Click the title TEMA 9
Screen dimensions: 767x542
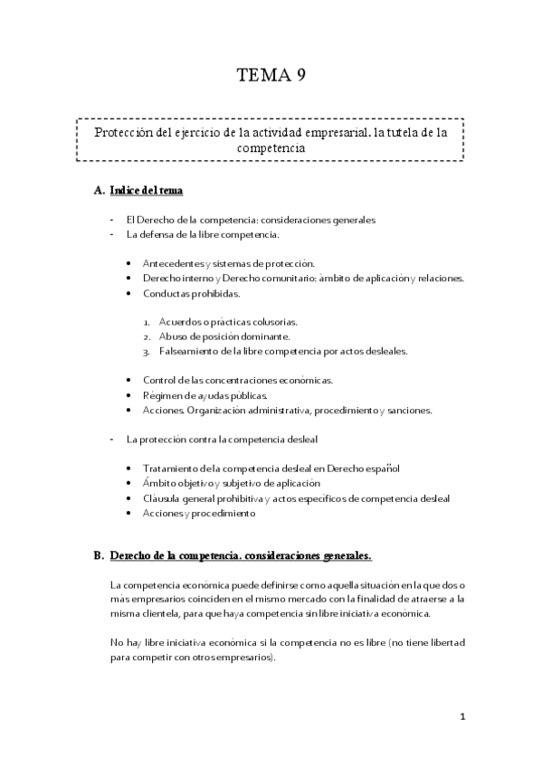tap(271, 75)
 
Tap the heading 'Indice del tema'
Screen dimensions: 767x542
tap(148, 192)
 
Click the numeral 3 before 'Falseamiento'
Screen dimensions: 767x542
tap(146, 351)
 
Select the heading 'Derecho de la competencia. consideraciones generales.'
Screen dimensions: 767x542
tap(240, 554)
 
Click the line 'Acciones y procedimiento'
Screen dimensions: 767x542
tap(199, 513)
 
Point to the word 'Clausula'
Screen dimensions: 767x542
tap(164, 497)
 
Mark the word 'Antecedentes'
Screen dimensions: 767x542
tap(174, 263)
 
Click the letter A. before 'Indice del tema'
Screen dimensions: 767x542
tap(99, 192)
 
